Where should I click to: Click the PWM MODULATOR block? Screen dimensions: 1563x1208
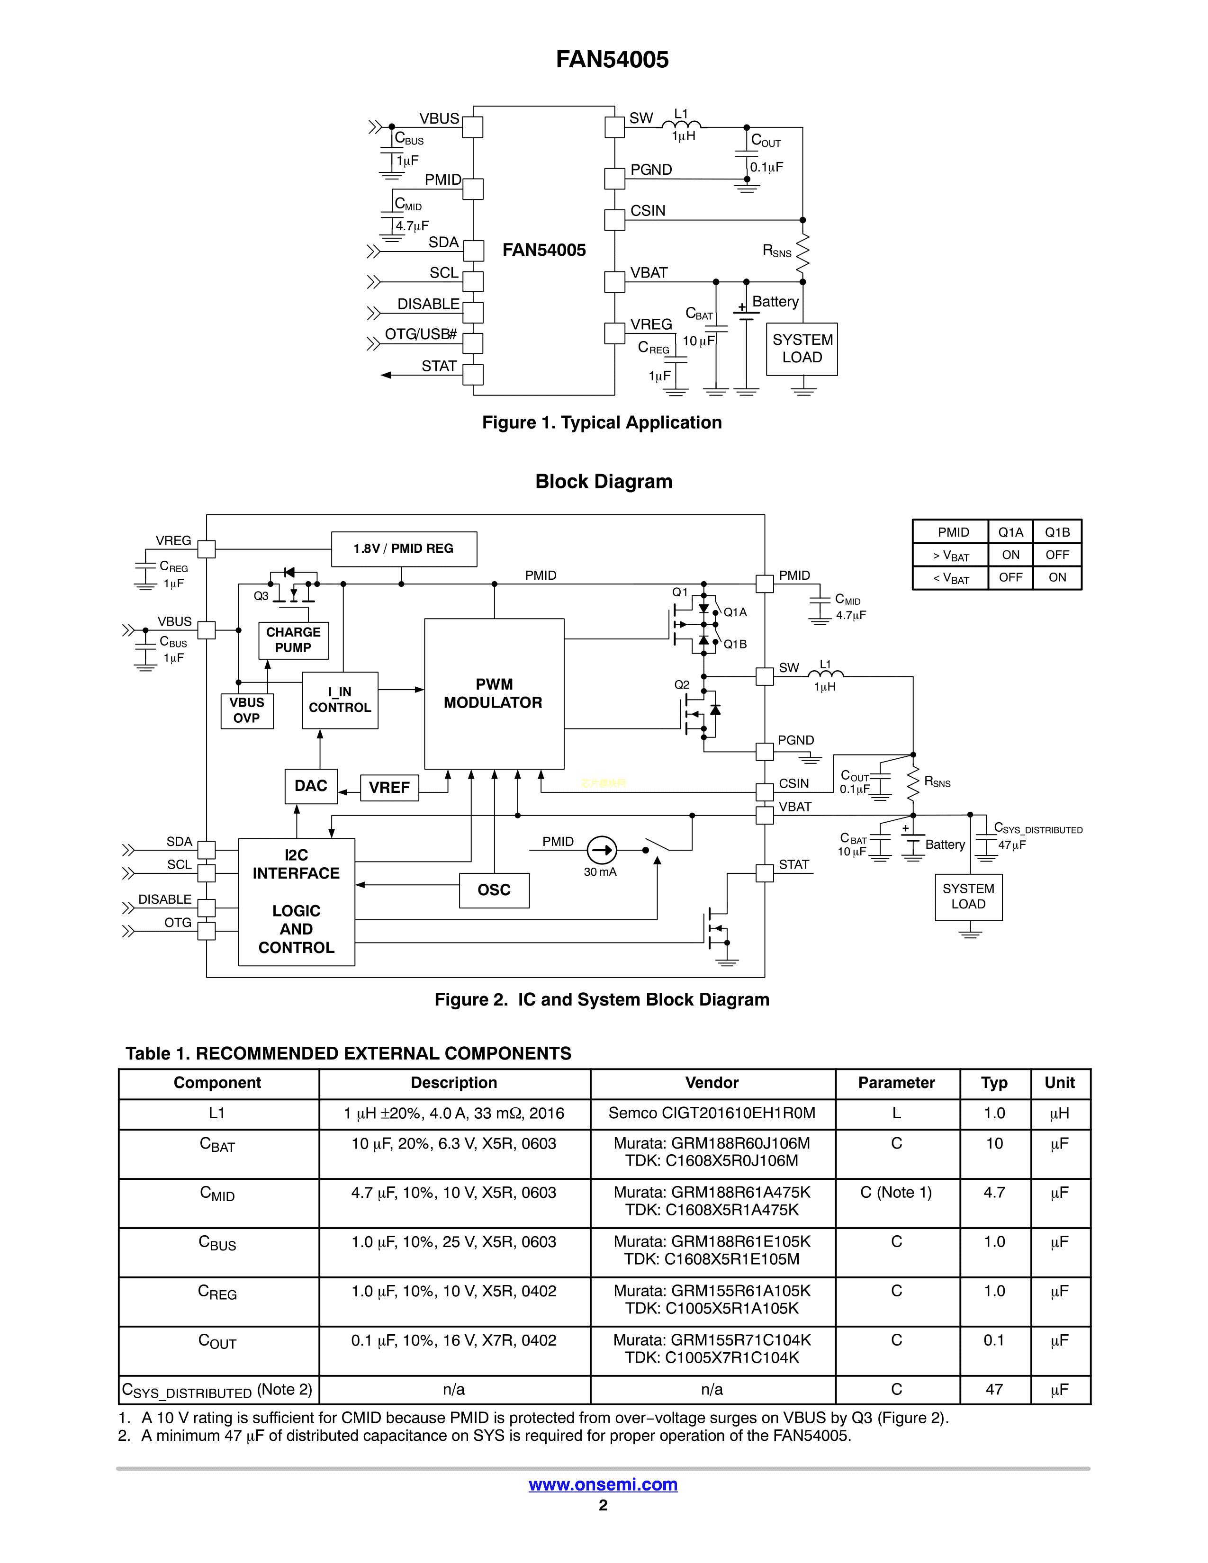pos(494,693)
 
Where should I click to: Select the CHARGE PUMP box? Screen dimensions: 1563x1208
pos(293,640)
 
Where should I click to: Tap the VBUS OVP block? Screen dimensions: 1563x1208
pos(247,710)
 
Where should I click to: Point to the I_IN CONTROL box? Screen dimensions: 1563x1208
pos(340,700)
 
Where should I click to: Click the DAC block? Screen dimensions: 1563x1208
pos(311,786)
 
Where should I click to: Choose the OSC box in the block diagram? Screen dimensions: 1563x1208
pos(494,890)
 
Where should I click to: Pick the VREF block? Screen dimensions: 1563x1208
pos(388,787)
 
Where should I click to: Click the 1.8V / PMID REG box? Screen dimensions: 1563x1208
pos(404,549)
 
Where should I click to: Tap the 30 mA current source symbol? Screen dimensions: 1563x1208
pos(602,850)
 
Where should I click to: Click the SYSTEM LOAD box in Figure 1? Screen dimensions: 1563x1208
pos(802,349)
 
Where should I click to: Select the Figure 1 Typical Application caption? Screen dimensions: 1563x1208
pos(602,423)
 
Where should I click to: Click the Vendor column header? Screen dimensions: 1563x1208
pos(712,1083)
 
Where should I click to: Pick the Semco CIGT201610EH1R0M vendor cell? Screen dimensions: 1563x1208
pos(712,1114)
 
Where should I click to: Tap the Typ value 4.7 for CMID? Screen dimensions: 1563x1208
pos(994,1193)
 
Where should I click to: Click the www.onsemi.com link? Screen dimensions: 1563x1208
pos(603,1484)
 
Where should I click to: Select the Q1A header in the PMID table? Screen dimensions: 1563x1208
pos(1010,532)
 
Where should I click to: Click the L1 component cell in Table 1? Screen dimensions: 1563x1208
pos(217,1114)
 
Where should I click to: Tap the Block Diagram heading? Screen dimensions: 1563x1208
pos(603,482)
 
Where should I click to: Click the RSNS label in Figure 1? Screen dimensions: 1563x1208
pos(777,251)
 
